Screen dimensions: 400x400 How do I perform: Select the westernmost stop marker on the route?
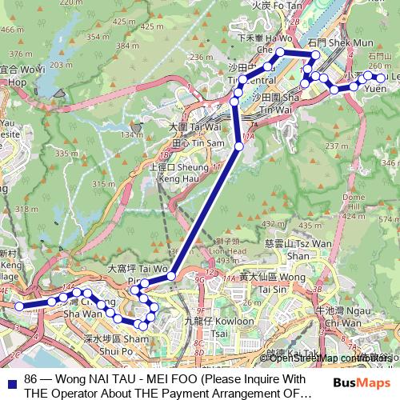point(18,306)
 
